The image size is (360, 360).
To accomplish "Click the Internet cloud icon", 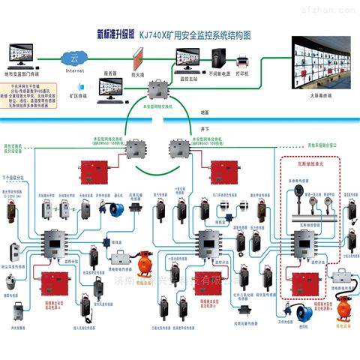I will pyautogui.click(x=73, y=58).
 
